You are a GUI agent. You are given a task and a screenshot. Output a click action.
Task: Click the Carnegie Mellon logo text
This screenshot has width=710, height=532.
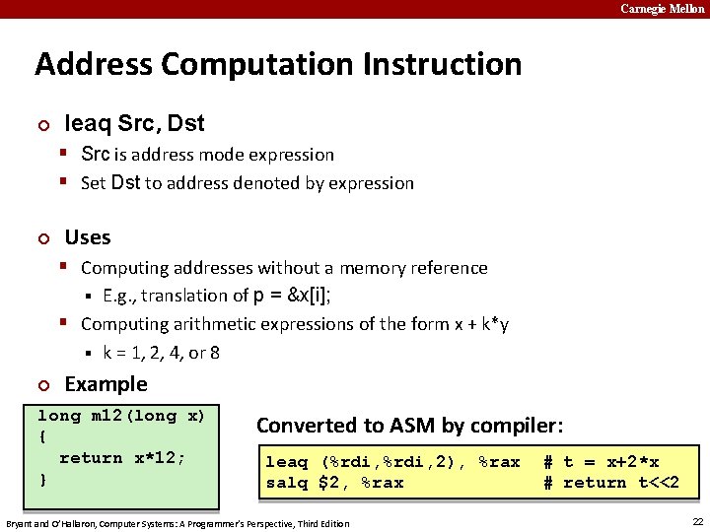[x=662, y=9]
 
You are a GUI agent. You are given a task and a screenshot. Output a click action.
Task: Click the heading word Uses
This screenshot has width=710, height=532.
[x=87, y=237]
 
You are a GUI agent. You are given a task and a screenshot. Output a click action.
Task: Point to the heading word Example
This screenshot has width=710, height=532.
[x=106, y=384]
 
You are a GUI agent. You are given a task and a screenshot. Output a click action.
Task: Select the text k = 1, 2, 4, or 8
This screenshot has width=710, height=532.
[x=161, y=352]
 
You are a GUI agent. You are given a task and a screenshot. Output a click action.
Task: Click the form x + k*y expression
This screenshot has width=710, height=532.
[x=470, y=323]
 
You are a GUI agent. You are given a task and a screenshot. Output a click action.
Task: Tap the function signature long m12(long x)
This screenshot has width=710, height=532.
[x=121, y=416]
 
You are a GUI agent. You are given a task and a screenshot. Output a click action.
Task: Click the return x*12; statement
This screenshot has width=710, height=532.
[x=122, y=458]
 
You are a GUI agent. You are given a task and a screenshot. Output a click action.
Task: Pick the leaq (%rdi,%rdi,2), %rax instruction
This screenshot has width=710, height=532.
[x=392, y=462]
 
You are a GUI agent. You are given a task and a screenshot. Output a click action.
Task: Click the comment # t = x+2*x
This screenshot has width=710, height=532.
[x=602, y=462]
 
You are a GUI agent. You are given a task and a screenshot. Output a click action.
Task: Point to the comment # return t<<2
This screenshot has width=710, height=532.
[x=611, y=483]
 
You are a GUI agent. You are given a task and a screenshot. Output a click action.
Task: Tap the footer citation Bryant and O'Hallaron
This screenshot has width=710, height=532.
[x=177, y=523]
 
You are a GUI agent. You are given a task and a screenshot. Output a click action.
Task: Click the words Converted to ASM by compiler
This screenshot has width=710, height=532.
[x=409, y=426]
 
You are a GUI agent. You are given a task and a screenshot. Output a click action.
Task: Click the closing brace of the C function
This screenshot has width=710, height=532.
[x=41, y=480]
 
